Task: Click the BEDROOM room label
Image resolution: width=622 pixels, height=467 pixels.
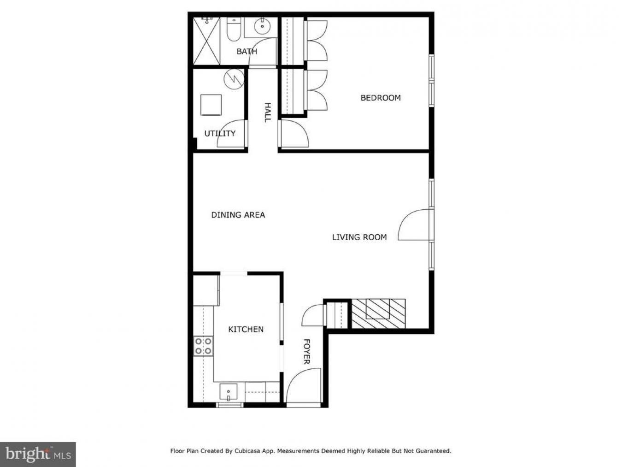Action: [380, 98]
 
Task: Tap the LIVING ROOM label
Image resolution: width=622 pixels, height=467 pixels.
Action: [359, 237]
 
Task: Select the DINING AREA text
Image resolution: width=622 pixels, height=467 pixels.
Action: [238, 215]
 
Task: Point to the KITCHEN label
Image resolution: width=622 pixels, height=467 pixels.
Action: [246, 329]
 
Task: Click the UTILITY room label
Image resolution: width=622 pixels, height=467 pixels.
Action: [220, 133]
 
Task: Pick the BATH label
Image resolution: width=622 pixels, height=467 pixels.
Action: [247, 51]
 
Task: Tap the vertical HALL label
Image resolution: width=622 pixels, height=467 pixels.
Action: [267, 112]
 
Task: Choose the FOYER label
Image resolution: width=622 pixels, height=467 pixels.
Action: [306, 352]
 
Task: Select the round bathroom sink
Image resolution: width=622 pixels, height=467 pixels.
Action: [263, 26]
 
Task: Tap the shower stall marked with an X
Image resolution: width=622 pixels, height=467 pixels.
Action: [206, 41]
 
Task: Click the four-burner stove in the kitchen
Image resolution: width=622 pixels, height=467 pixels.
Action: [203, 346]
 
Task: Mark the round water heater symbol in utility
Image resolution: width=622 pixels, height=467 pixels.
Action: [234, 79]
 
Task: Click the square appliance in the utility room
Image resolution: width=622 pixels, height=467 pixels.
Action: [211, 105]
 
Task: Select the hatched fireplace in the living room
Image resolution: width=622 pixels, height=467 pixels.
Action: [378, 313]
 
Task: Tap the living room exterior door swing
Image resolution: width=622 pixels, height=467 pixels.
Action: [414, 225]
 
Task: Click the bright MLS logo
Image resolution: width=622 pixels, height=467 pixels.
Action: [38, 454]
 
